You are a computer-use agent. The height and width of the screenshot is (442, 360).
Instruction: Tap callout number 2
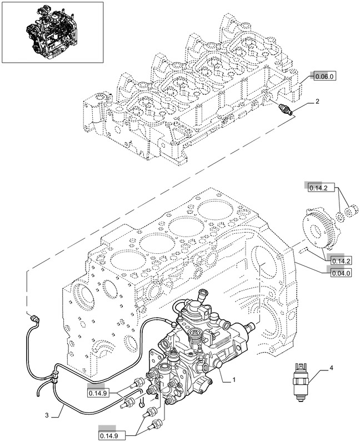click(317, 102)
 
